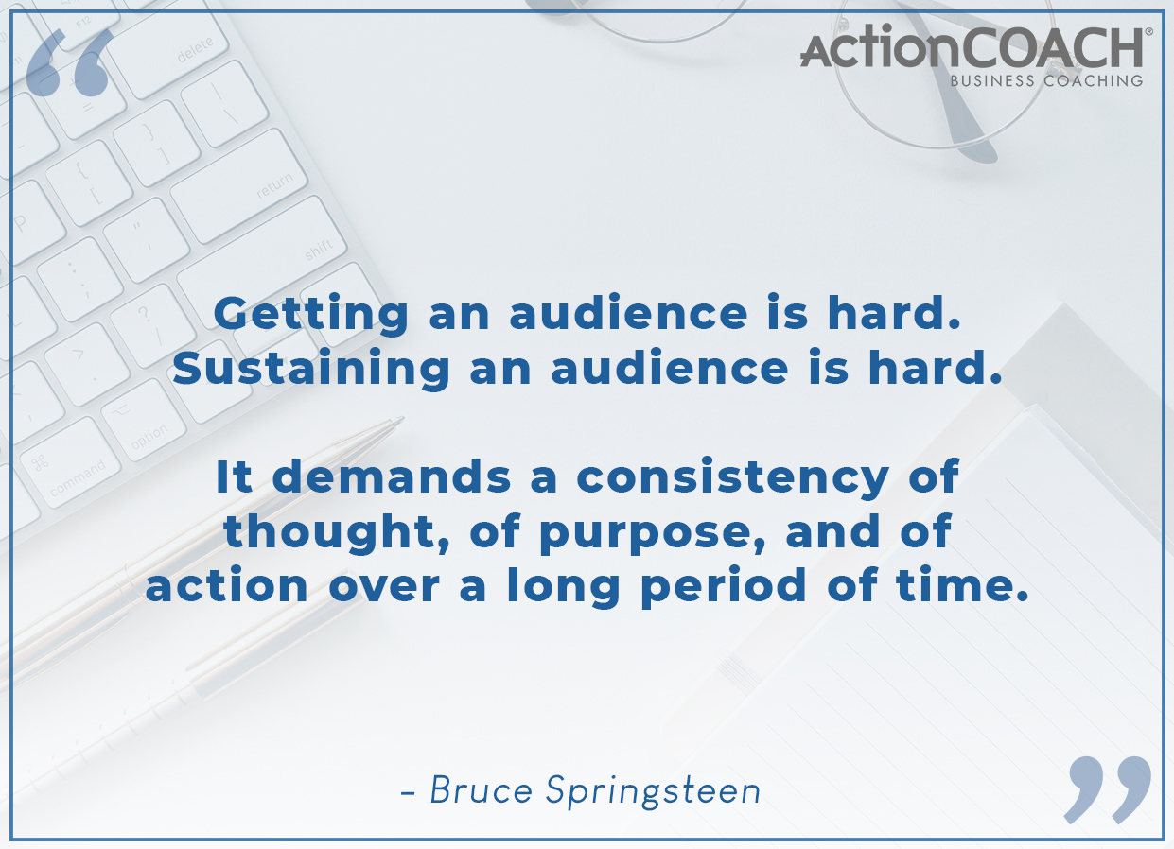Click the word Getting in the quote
point(311,314)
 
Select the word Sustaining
point(311,370)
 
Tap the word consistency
point(733,478)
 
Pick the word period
point(724,586)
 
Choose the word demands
point(392,476)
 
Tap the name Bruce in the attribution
point(482,789)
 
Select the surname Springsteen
point(653,792)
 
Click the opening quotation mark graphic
point(70,62)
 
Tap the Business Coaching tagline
point(1046,81)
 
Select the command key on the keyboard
point(70,463)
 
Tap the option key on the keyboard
point(143,420)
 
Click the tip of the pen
point(402,419)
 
